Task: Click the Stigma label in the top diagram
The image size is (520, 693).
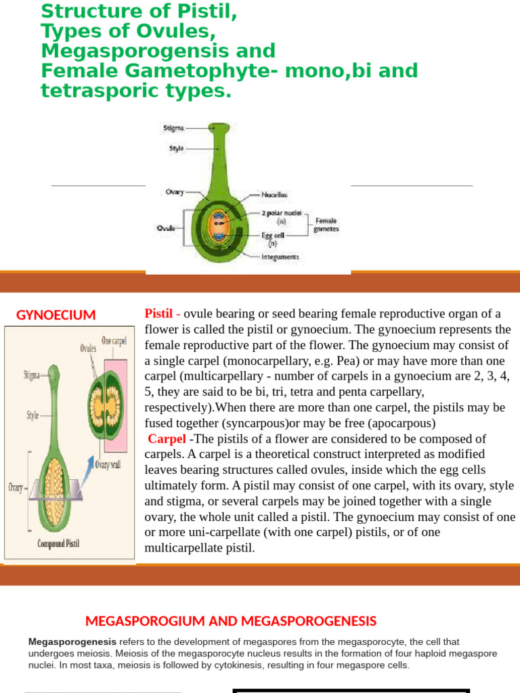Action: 173,127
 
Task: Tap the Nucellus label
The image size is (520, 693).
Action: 274,194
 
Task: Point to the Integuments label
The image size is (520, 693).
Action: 280,256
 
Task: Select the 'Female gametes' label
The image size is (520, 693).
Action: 325,225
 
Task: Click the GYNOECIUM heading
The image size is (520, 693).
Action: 56,315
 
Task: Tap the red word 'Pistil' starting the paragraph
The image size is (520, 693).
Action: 160,313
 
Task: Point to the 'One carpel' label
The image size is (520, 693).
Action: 114,341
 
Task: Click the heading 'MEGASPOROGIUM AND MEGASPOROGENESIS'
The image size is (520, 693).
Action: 230,621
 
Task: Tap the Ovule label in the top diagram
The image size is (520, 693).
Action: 167,228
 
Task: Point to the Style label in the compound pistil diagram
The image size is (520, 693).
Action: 32,416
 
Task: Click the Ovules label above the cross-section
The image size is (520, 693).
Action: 89,348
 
